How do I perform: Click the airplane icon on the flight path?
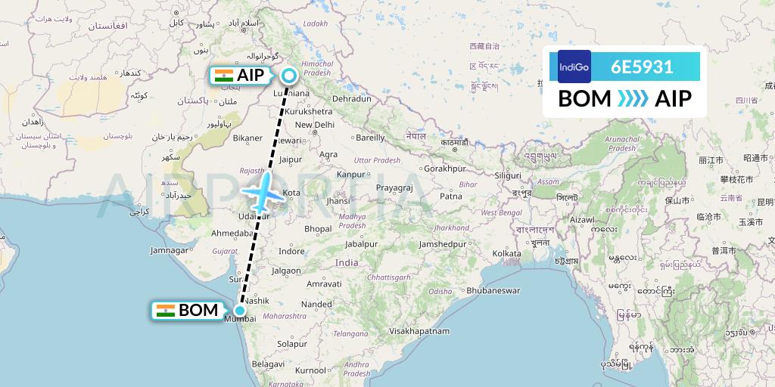(262, 193)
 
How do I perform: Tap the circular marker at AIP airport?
(289, 75)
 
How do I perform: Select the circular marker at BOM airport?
(240, 310)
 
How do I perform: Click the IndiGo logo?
(574, 67)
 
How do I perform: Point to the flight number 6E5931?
(642, 67)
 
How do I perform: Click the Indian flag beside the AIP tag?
(223, 75)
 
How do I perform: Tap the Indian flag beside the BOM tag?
(165, 310)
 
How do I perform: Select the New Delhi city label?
(314, 125)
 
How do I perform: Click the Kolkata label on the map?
(506, 253)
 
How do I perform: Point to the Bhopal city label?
(318, 228)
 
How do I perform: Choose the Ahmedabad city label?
(231, 233)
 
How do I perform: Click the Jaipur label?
(291, 159)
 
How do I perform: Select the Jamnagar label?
(169, 250)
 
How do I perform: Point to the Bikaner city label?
(247, 138)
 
